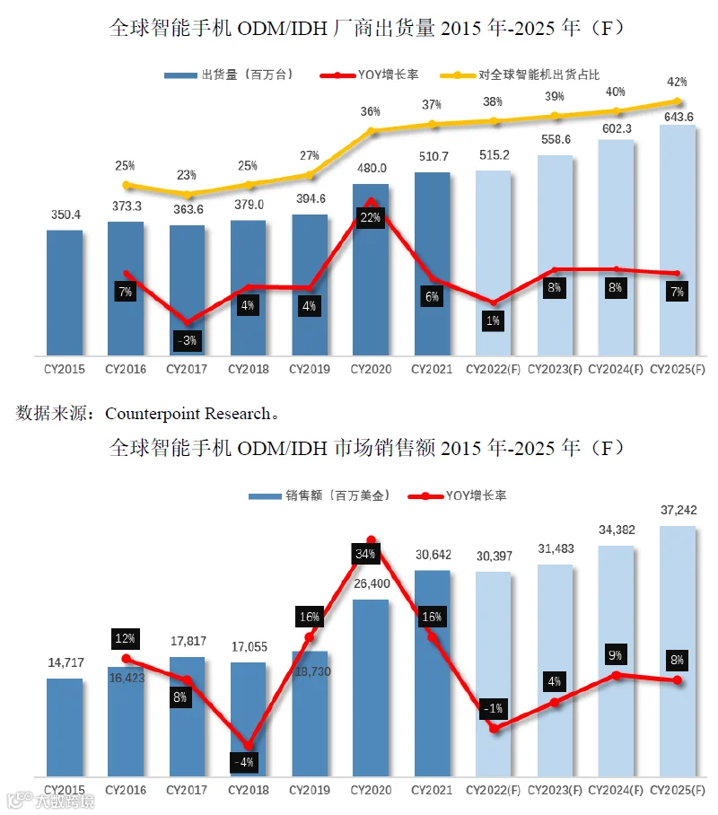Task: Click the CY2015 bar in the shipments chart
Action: (x=65, y=293)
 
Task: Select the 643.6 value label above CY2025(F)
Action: (x=679, y=117)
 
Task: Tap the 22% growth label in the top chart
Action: (x=370, y=217)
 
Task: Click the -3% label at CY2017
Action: (x=187, y=340)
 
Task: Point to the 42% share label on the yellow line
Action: (x=677, y=82)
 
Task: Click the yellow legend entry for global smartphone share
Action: (x=520, y=74)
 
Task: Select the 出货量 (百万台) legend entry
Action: (x=229, y=74)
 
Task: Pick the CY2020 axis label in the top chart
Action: (x=371, y=369)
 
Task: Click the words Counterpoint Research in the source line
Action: (x=188, y=413)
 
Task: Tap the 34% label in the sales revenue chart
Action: (x=365, y=554)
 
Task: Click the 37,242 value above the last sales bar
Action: (x=679, y=511)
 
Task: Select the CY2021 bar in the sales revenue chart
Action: (x=432, y=673)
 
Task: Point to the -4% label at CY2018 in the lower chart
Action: (x=244, y=762)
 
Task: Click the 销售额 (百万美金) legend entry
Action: (x=320, y=495)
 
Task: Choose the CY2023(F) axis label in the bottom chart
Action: (x=555, y=790)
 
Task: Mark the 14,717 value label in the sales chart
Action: (x=66, y=662)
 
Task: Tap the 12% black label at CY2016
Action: (x=125, y=638)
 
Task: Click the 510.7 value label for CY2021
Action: (x=433, y=156)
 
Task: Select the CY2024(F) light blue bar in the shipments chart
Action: (x=616, y=248)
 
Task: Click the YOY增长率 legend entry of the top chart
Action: (x=370, y=74)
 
